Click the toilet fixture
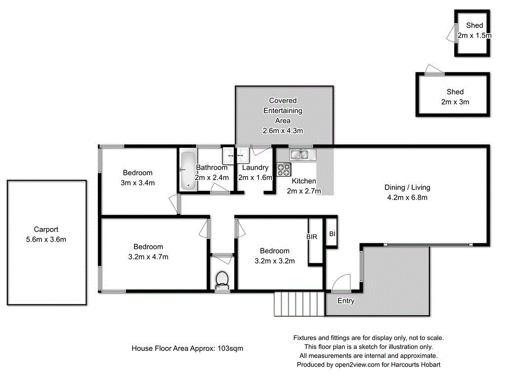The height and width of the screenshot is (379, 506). (x=222, y=279)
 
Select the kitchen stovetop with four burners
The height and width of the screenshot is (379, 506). (x=284, y=170)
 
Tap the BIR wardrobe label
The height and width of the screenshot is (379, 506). (x=311, y=237)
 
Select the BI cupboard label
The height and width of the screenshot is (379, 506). (x=332, y=233)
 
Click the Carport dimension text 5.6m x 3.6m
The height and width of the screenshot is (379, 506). (x=46, y=239)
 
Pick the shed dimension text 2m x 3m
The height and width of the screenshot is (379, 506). (x=455, y=102)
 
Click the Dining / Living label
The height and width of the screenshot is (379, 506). (x=407, y=188)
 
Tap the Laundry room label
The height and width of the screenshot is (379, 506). (x=255, y=168)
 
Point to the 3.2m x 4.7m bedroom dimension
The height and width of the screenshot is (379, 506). (x=148, y=257)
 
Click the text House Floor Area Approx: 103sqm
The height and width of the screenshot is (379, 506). (x=187, y=348)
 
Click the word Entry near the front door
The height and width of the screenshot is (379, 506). (x=345, y=301)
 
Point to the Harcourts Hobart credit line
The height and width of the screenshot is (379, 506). (x=368, y=365)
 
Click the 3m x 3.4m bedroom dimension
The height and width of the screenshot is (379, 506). (x=138, y=183)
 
